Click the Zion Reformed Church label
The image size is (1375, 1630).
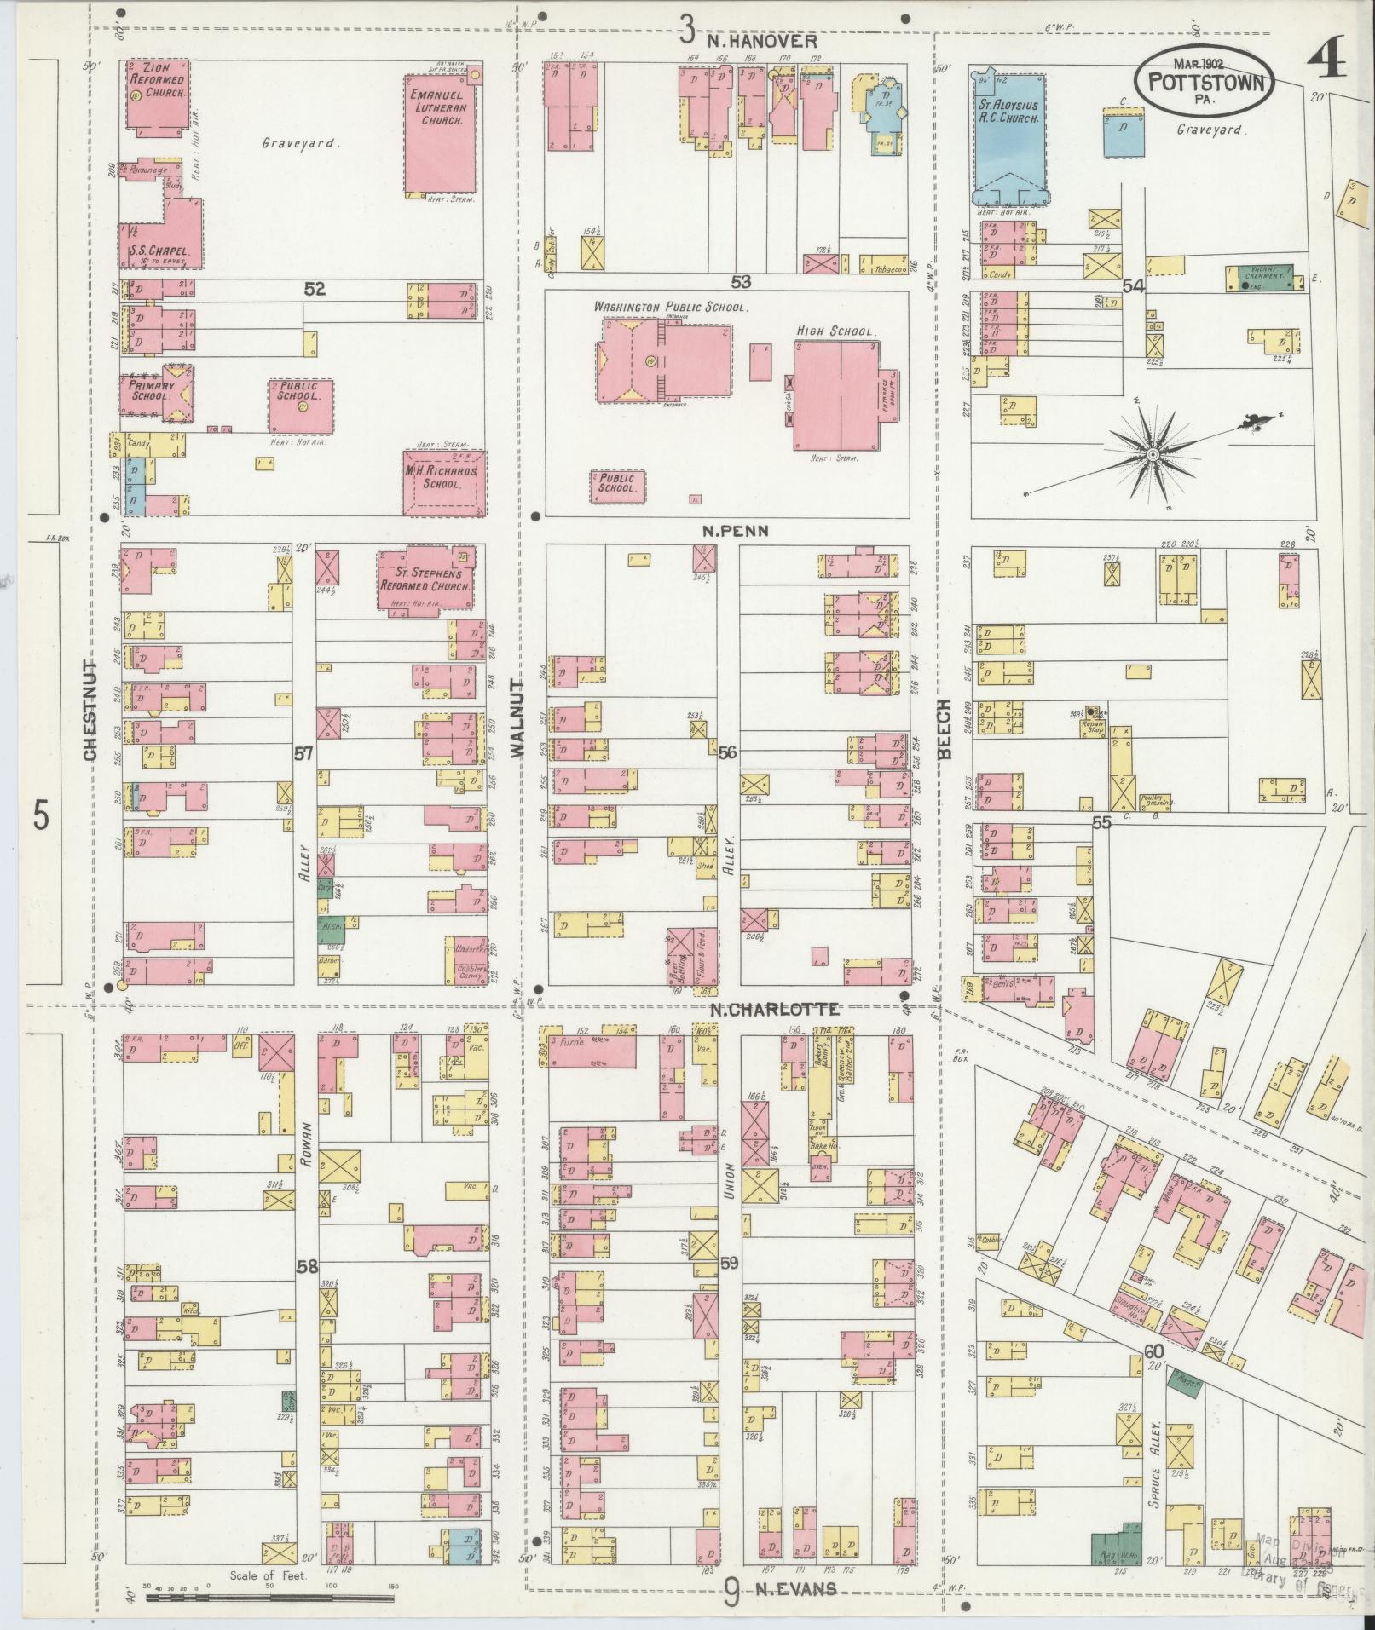(159, 79)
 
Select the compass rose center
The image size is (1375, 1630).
(1152, 455)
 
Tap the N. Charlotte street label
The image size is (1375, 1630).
(775, 1009)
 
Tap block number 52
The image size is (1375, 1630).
(315, 290)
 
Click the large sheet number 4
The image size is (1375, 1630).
(1326, 61)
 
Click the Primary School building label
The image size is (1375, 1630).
(152, 391)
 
